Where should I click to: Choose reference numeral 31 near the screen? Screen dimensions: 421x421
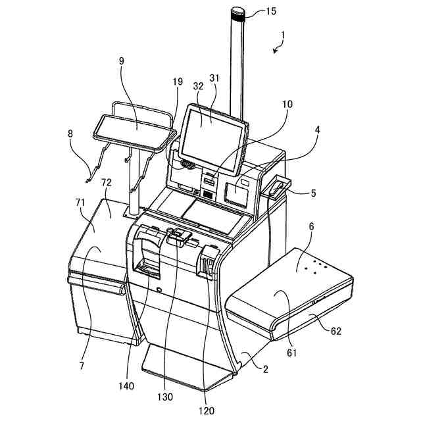point(214,78)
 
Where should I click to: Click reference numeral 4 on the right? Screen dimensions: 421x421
point(317,130)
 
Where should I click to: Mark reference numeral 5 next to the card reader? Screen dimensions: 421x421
point(312,193)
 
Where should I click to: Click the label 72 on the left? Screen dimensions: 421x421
point(106,182)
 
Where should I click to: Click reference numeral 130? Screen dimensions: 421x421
point(166,397)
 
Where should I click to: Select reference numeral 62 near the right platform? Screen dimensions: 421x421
point(335,332)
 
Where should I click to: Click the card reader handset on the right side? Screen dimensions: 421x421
point(276,186)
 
